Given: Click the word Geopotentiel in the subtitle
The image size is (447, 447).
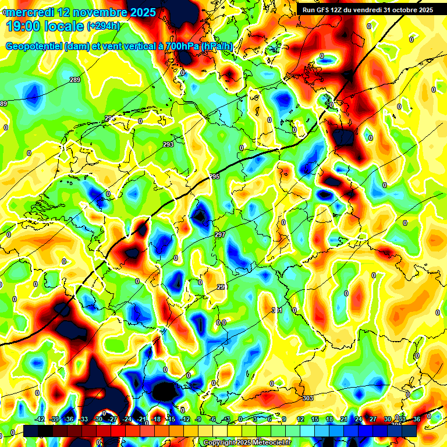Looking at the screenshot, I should pyautogui.click(x=34, y=47).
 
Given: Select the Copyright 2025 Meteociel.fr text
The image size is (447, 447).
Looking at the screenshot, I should pyautogui.click(x=247, y=443).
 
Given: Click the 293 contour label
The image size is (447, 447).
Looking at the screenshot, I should pyautogui.click(x=168, y=144).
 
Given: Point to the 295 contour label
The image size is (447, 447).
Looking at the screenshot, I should pyautogui.click(x=214, y=176).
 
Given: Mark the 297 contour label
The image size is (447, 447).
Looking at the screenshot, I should pyautogui.click(x=220, y=235).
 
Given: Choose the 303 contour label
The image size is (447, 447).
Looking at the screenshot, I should pyautogui.click(x=308, y=399).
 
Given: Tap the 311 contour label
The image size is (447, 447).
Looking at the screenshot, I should pyautogui.click(x=277, y=310).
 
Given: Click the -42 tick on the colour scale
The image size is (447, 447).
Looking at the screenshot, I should pyautogui.click(x=40, y=419).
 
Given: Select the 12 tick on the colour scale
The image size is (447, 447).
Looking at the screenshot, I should pyautogui.click(x=300, y=419).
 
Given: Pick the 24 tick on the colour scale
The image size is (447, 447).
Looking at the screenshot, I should pyautogui.click(x=359, y=419).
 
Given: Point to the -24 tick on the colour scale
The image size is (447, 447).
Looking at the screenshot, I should pyautogui.click(x=127, y=419).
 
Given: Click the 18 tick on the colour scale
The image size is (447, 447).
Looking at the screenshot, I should pyautogui.click(x=329, y=419).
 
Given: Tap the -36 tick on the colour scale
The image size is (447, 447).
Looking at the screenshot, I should pyautogui.click(x=69, y=419).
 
